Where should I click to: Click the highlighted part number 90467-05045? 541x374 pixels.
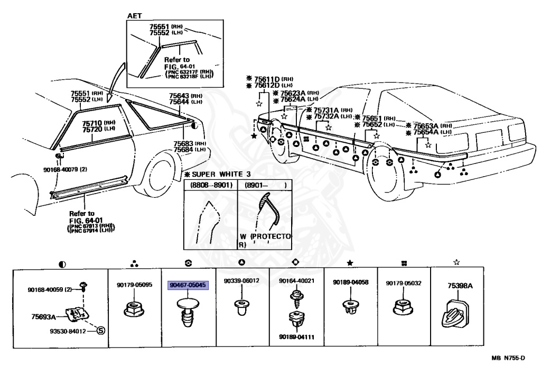tap(188, 285)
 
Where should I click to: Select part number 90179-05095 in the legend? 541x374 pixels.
tap(134, 285)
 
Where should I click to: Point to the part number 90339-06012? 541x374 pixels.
tap(241, 281)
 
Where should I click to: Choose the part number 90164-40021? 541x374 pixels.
tap(296, 281)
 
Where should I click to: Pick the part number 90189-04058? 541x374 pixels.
tap(350, 283)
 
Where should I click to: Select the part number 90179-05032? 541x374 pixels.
tap(403, 283)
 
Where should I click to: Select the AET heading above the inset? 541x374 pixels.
tap(134, 16)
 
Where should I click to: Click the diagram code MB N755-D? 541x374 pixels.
tap(508, 358)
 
